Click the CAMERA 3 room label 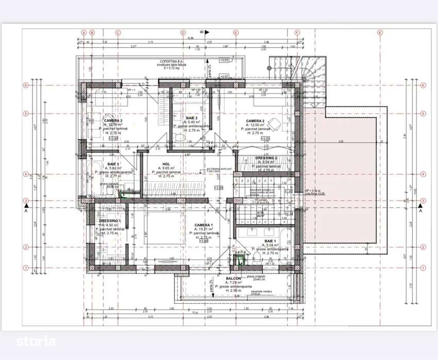click(112, 121)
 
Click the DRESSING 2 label click(267, 158)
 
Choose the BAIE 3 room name click(108, 164)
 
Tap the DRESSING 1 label click(110, 221)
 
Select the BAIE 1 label click(271, 241)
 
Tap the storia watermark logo click(35, 340)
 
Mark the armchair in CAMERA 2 click(276, 123)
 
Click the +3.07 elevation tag click(224, 76)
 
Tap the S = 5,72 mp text click(173, 68)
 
